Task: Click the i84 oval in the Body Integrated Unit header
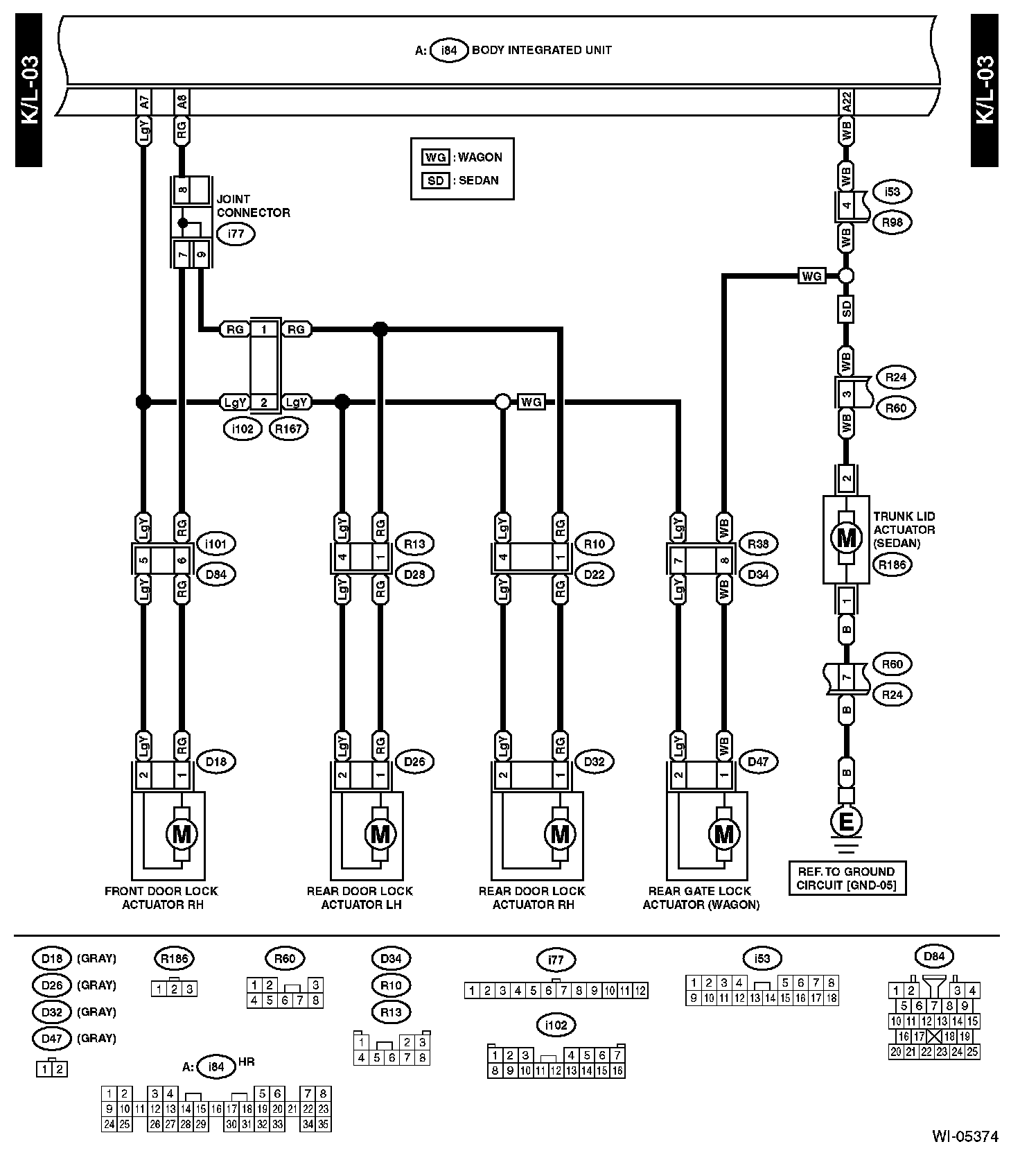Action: pos(449,51)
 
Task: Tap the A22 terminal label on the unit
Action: pos(846,101)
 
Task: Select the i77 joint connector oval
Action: pos(236,234)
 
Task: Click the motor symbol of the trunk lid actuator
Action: pos(846,538)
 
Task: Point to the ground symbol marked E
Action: pos(846,822)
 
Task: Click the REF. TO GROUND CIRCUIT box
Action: pos(847,878)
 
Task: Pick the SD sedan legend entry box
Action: pos(435,180)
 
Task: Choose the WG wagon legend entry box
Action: pos(435,157)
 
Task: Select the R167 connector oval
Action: pos(288,429)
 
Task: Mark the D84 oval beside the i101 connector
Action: pos(216,574)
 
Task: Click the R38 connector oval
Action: pos(758,544)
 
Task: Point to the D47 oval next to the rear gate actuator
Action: pos(758,761)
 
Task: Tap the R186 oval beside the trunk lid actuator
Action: pos(892,564)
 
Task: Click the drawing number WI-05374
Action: pos(965,1136)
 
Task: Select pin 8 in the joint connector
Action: pos(184,189)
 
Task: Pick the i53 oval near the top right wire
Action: pos(892,192)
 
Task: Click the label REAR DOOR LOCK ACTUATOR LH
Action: pos(360,898)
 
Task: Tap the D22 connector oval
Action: pos(595,574)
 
